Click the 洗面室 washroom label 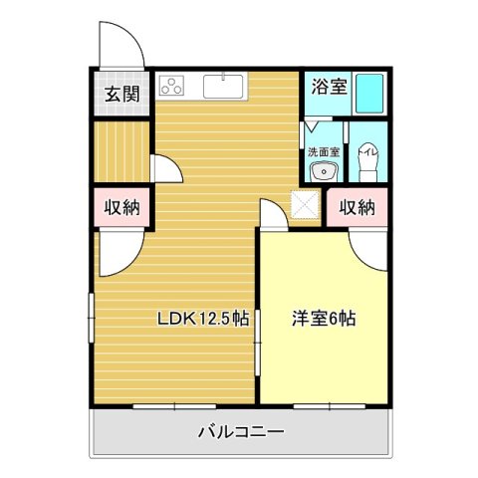[x=322, y=152]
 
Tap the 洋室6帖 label [x=324, y=319]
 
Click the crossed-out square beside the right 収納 [x=304, y=205]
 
